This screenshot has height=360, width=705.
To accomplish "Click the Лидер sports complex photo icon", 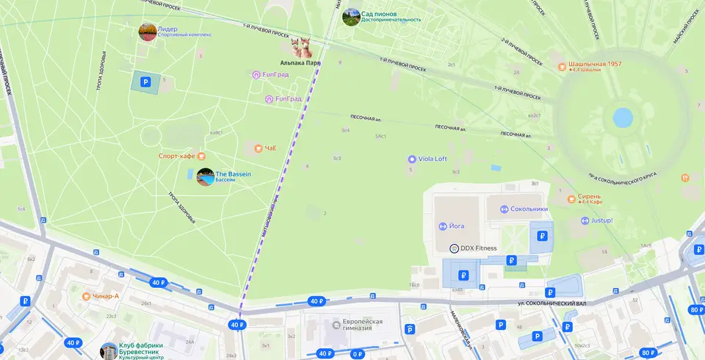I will coord(148,32).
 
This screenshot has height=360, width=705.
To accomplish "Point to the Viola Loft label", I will coord(433,159).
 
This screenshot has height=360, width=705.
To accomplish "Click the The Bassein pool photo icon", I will coord(206,177).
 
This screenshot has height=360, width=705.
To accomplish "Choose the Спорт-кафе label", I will coord(177,156).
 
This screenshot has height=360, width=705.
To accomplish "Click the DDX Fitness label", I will coord(478,248).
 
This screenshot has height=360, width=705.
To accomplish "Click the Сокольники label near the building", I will coord(529,209).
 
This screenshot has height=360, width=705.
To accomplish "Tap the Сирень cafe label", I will coord(589,197).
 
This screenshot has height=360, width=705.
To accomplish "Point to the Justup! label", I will coord(601,220).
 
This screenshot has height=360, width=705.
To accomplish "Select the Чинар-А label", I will coord(106,296).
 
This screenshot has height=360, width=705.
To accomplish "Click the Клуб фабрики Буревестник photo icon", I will coord(109,351).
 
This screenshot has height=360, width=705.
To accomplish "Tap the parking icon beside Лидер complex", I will coord(145,82).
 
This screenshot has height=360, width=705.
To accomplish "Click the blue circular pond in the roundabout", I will coord(623,117).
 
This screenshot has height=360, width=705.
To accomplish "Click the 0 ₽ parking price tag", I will coord(358,354).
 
